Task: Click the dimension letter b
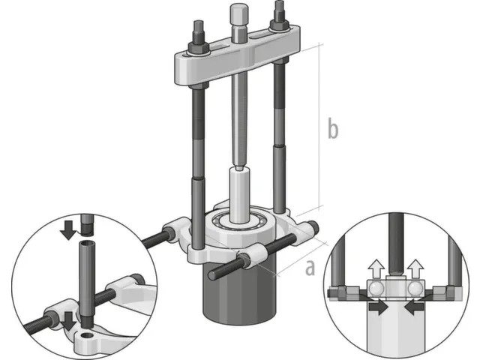333,127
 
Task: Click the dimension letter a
310,267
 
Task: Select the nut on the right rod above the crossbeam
278,24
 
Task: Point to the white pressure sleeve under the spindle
240,195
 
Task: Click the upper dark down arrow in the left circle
68,229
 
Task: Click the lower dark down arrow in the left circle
69,321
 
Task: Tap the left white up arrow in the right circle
376,268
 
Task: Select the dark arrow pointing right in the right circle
378,307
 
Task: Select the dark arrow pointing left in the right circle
414,307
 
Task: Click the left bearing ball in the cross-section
376,289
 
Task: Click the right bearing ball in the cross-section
415,289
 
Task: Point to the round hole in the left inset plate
87,334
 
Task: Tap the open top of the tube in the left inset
88,244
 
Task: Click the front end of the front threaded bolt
211,274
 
